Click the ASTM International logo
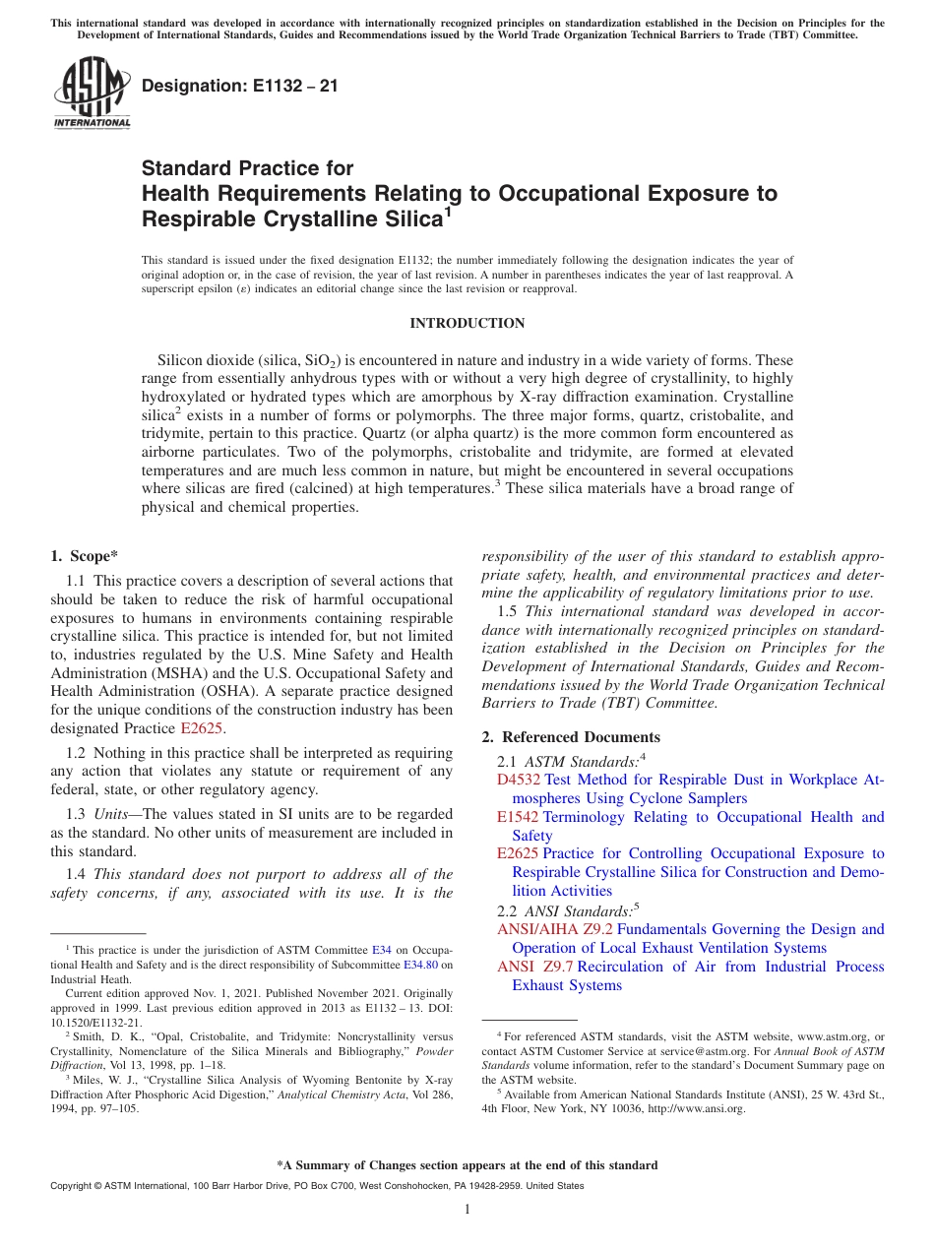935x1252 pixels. point(92,93)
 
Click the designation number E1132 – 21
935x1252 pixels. point(240,86)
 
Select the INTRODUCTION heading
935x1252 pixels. point(467,323)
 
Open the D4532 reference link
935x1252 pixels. point(519,780)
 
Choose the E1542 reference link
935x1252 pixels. point(518,817)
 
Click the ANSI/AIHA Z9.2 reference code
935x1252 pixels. point(555,929)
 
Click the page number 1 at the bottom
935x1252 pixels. point(467,1210)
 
